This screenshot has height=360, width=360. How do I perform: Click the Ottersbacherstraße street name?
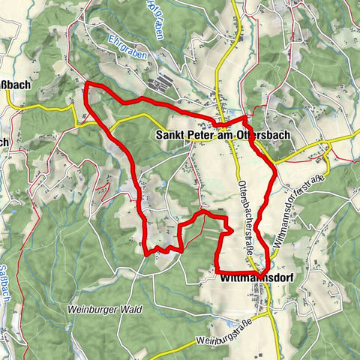pyautogui.click(x=244, y=217)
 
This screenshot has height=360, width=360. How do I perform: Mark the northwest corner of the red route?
pyautogui.click(x=87, y=83)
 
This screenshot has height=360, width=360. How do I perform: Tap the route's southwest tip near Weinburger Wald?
pyautogui.click(x=146, y=253)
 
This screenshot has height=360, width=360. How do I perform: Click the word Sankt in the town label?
pyautogui.click(x=170, y=136)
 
